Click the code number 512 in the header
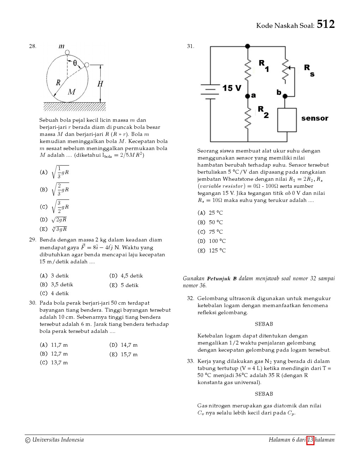[325, 24]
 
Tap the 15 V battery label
[232, 88]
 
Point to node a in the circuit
[248, 96]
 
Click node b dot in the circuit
[285, 96]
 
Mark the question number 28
[32, 46]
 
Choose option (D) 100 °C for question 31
[212, 241]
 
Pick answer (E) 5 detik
[124, 285]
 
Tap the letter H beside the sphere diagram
[100, 84]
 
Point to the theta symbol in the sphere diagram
[75, 63]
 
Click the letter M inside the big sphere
[72, 92]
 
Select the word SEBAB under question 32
[264, 324]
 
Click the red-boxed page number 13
[310, 440]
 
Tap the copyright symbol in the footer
[28, 440]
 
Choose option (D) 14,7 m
[124, 345]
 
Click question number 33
[191, 361]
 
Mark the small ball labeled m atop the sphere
[67, 53]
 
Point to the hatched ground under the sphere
[74, 107]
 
